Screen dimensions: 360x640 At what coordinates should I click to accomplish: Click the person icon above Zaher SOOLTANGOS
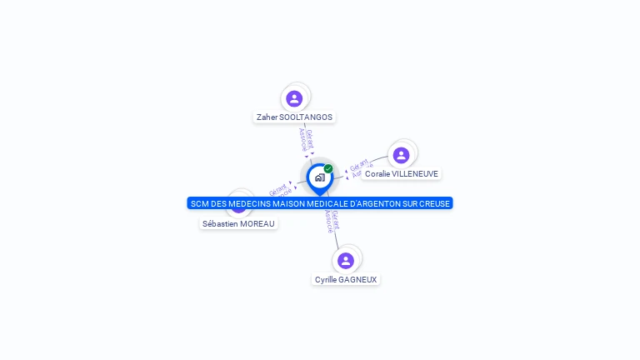tap(294, 98)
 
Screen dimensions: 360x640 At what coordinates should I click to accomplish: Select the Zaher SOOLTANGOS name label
tap(294, 117)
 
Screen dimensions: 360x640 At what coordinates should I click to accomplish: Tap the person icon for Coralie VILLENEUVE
tap(401, 155)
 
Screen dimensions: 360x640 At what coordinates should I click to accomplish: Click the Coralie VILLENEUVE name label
tap(401, 174)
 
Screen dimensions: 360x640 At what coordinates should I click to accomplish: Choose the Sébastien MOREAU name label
tap(238, 223)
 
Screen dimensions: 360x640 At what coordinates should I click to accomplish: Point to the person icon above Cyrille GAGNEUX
tap(346, 260)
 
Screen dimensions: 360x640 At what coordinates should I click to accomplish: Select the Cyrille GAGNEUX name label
tap(346, 280)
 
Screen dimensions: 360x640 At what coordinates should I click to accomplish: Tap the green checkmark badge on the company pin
tap(328, 168)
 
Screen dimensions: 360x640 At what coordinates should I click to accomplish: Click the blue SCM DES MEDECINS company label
tap(320, 203)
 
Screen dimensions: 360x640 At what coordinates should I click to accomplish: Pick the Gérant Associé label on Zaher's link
tap(306, 139)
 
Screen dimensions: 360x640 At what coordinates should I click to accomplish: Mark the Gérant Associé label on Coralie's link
tap(358, 167)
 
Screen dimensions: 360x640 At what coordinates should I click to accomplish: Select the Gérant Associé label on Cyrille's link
tap(331, 222)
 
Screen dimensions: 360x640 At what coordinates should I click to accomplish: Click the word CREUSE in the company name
tap(434, 203)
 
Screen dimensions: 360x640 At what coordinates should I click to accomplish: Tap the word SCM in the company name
tap(198, 203)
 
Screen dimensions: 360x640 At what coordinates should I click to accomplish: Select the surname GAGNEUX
tap(357, 280)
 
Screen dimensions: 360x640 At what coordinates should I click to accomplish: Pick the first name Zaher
tap(267, 117)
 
